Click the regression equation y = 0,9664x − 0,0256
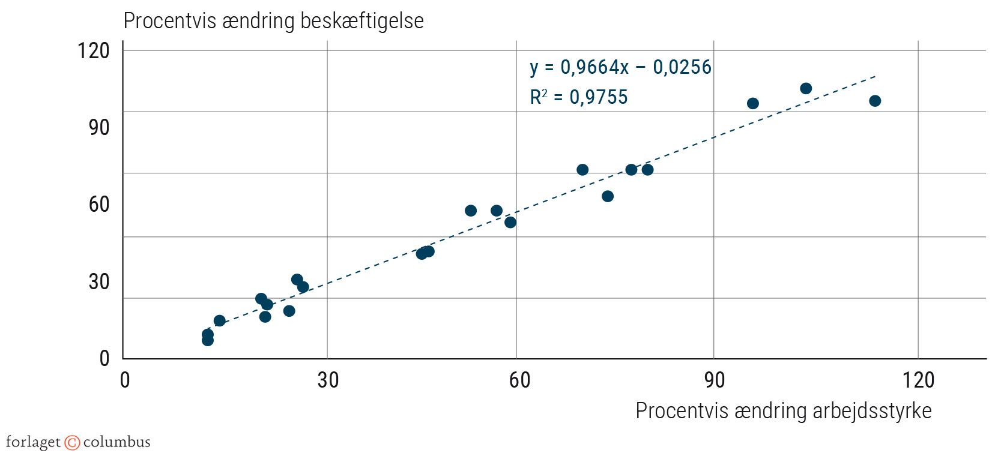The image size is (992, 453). pos(620,67)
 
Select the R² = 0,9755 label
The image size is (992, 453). pos(578,97)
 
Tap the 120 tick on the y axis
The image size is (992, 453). pos(94,50)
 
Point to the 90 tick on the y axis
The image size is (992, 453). pos(99,127)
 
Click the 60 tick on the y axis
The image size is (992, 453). pos(99,204)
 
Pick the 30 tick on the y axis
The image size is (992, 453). pos(99,281)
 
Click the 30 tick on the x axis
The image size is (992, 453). pos(328,380)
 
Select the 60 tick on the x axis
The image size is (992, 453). pos(519,380)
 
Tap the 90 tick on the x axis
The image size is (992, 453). pos(714,380)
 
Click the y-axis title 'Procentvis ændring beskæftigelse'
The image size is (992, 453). pos(273,21)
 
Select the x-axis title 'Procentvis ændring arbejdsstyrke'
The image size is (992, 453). pos(784,411)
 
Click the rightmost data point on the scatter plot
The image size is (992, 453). pos(875,101)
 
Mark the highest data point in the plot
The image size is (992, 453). pos(806,89)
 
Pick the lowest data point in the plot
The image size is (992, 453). pos(208,340)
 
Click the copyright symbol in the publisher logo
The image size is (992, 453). pos(72,443)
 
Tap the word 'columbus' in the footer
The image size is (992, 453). pos(116,443)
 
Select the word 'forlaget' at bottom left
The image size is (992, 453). pos(33,443)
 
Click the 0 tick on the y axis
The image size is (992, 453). pos(104,358)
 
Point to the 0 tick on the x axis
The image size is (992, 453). pos(125,380)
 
